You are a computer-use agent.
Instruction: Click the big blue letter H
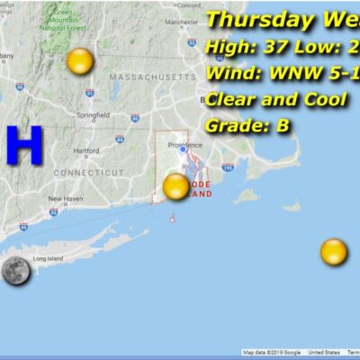click(x=24, y=147)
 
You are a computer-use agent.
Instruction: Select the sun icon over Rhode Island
click(x=176, y=186)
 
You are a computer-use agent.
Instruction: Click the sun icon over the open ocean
click(x=334, y=251)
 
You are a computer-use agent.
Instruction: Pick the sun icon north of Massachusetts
click(x=80, y=61)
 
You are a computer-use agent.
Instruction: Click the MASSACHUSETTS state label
click(x=152, y=78)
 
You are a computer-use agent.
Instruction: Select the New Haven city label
click(x=66, y=198)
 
